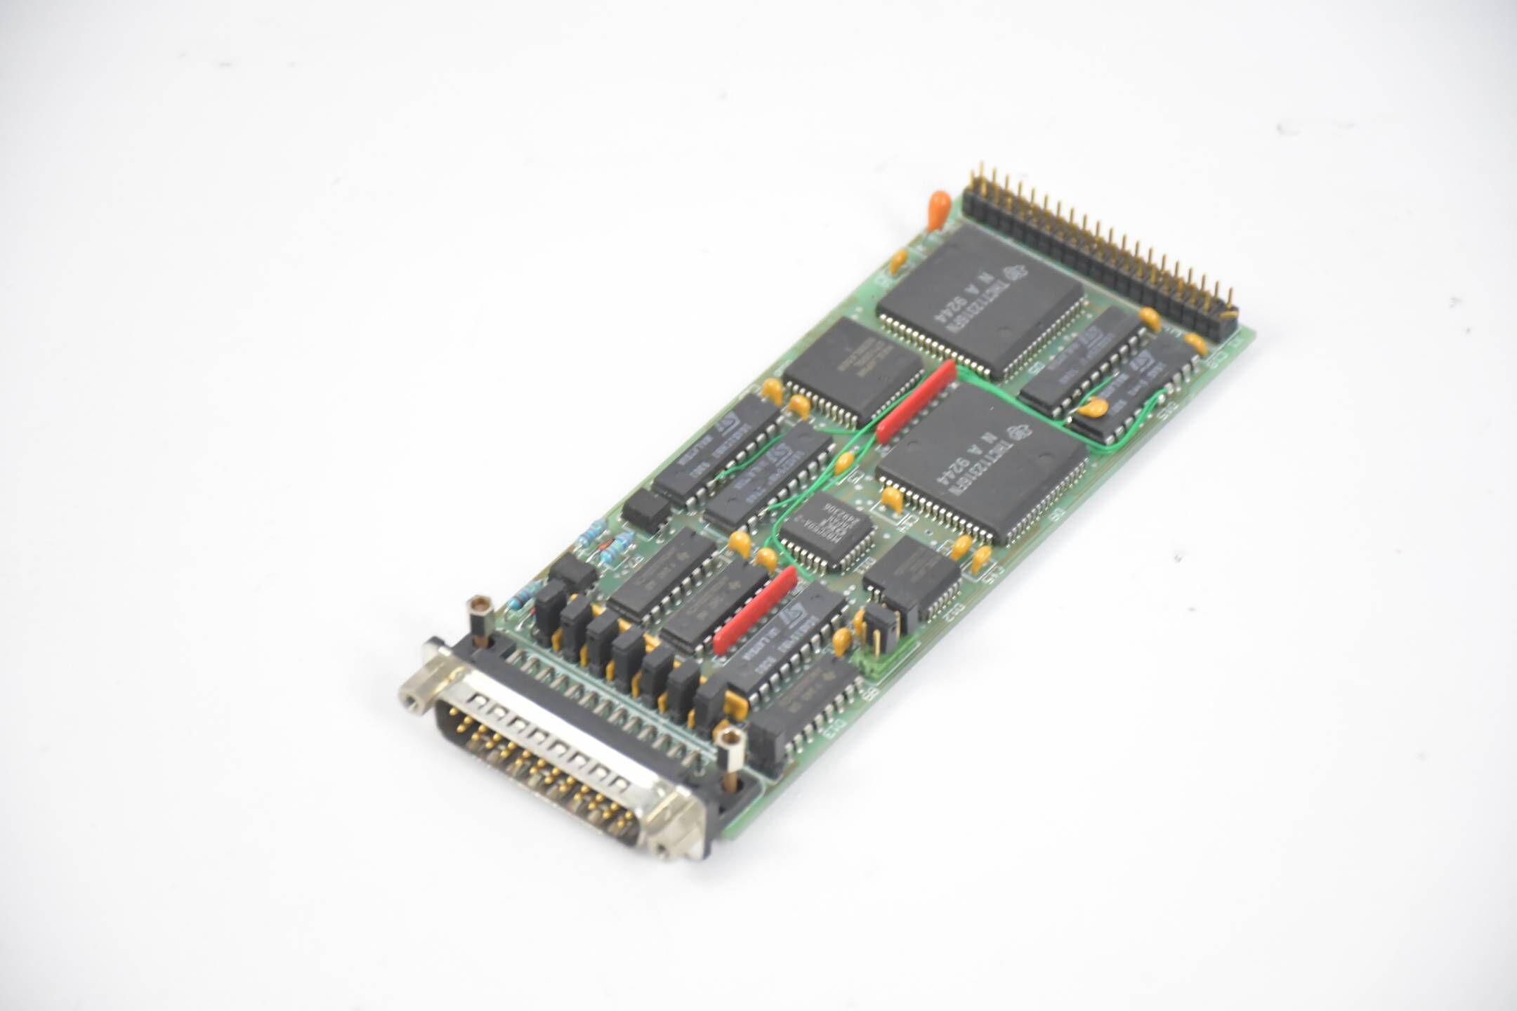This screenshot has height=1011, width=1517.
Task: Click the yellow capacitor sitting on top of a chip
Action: coord(1090,407)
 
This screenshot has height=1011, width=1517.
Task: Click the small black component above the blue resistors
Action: coord(645,507)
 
